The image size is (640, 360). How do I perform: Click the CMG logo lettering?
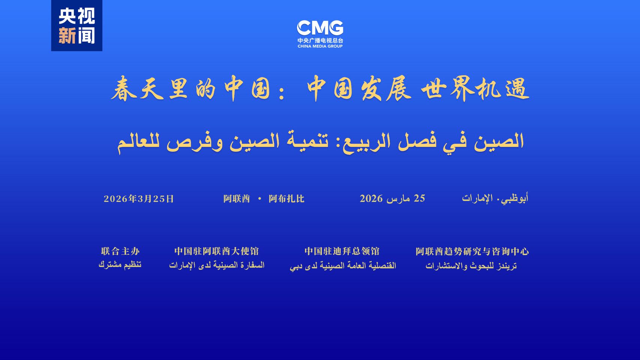320,28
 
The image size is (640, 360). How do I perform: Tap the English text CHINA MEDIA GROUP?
320,46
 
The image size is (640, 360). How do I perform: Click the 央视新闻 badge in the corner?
77,25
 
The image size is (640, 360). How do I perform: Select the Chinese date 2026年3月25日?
138,199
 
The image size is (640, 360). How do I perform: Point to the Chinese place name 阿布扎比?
286,199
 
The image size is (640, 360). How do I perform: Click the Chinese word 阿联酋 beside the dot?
237,199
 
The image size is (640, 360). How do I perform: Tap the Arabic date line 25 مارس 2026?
392,198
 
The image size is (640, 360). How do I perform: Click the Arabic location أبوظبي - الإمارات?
495,198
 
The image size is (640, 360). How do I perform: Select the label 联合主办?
120,251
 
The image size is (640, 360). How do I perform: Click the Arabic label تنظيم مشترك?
120,265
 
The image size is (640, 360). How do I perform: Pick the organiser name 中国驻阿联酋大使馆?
216,251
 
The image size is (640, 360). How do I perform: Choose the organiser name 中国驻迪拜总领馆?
342,251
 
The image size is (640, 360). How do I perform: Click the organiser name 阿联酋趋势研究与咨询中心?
472,251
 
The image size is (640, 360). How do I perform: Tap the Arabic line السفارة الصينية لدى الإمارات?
216,265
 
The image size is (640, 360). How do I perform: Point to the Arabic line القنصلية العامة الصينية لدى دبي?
343,266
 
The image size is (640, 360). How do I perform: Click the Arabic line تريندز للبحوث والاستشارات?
471,266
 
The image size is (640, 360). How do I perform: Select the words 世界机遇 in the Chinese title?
475,88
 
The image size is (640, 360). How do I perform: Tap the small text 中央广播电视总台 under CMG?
320,40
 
